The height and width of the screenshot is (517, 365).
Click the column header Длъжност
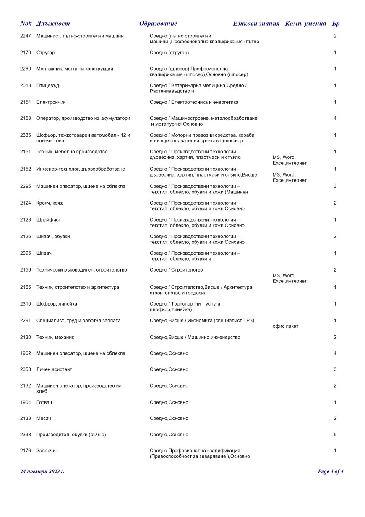point(53,24)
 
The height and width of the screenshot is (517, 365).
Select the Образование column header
point(158,24)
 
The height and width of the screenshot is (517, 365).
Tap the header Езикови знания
point(256,24)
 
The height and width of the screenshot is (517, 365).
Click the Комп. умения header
point(305,24)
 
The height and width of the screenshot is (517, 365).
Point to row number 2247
point(26,36)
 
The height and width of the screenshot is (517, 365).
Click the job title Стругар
point(46,53)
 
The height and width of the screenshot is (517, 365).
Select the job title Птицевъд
point(48,86)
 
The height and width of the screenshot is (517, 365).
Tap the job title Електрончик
point(51,102)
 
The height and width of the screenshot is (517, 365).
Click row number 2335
point(26,135)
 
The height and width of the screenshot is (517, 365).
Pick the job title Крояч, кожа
point(50,203)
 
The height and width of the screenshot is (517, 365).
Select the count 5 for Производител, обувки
point(335,435)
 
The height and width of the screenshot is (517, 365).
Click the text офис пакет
point(286,327)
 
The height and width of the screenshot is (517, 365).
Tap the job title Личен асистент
point(54,370)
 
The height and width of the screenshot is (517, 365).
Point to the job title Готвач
point(44,403)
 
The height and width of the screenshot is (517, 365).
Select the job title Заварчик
point(47,451)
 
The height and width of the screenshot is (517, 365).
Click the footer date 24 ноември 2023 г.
point(42,472)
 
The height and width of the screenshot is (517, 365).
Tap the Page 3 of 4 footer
point(331,472)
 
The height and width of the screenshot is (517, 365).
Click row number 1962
point(26,353)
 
